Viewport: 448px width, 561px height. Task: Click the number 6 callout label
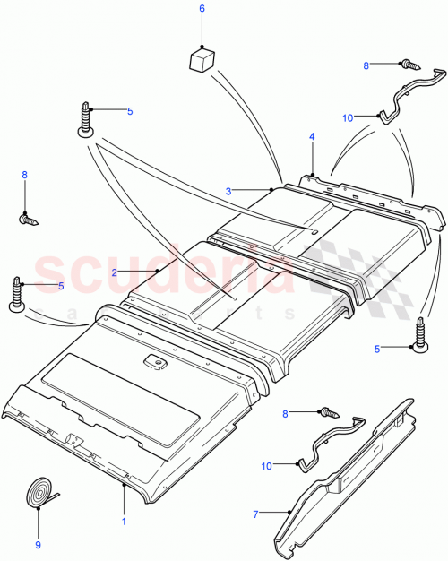point(202,9)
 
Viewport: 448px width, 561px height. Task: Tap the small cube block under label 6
point(202,60)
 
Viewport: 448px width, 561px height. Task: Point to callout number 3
point(228,191)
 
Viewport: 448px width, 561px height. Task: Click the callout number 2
point(115,271)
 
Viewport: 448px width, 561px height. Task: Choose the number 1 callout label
point(124,520)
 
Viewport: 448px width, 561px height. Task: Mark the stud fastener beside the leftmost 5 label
point(17,293)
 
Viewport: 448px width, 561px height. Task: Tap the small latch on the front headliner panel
point(158,362)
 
